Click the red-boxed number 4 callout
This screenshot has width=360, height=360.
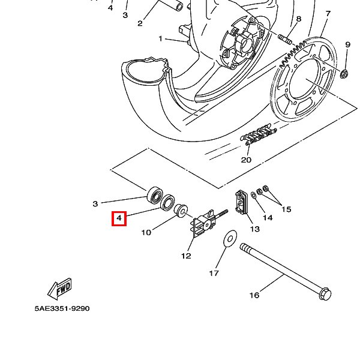coord(119,218)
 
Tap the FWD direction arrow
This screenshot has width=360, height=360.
coord(59,289)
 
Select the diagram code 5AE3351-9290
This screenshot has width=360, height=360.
coord(62,308)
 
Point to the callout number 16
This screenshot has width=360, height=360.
coord(254,295)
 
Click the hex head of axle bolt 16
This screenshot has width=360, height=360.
coord(325,294)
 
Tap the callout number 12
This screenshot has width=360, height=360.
coord(186,256)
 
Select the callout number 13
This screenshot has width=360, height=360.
coord(254,229)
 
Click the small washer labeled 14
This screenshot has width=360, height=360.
coord(254,196)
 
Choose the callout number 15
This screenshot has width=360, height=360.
coord(286,209)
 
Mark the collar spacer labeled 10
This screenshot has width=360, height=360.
coord(181,209)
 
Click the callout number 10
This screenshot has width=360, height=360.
coord(146,233)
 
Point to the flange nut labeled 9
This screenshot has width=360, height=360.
coord(344,74)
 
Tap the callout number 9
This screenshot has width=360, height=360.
coord(347,44)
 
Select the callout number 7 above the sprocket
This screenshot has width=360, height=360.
coord(328,14)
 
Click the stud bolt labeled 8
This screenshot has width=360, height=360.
coord(285,39)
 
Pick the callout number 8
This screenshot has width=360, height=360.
coord(298,19)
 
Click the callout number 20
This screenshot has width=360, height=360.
coord(246,160)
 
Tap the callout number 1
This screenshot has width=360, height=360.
coord(160,38)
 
